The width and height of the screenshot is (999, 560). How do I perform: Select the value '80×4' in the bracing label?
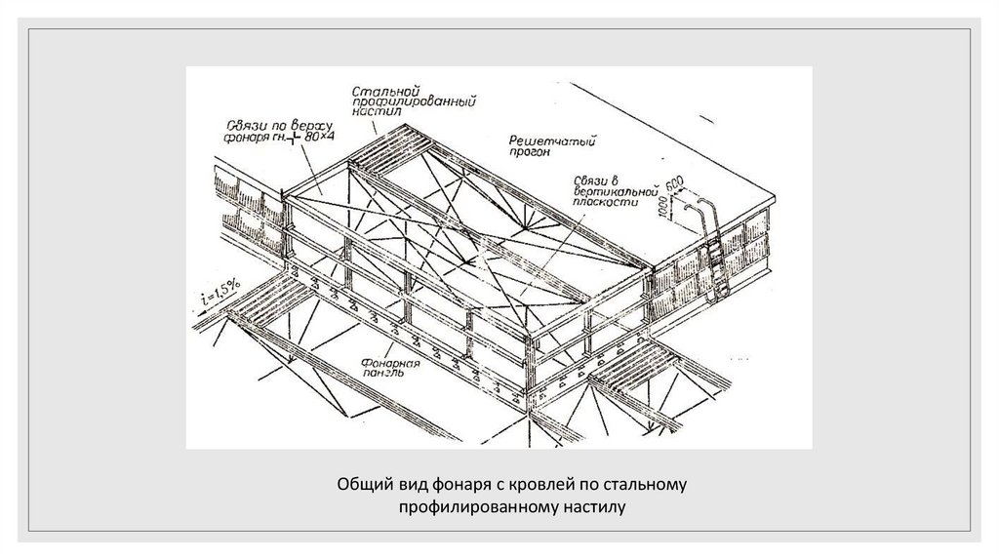point(319,138)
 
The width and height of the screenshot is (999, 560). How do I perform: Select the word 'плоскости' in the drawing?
point(607,204)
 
